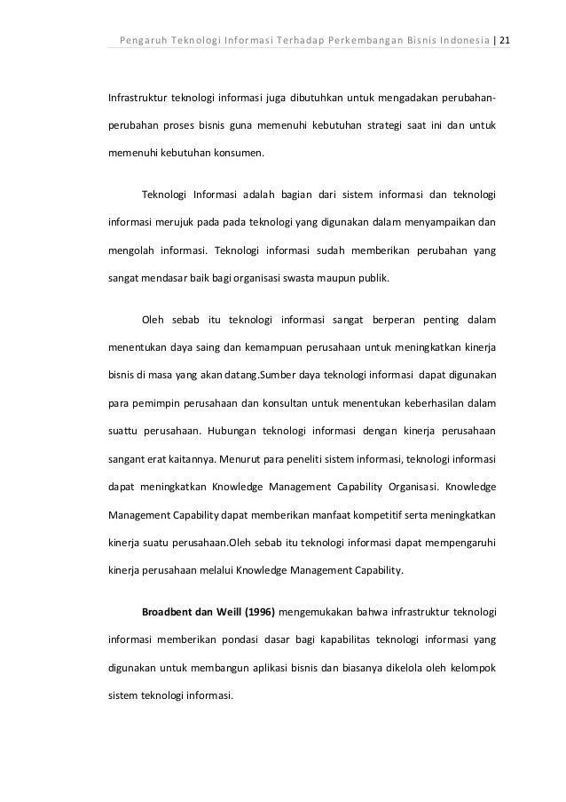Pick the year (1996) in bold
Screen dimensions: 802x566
click(x=251, y=613)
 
